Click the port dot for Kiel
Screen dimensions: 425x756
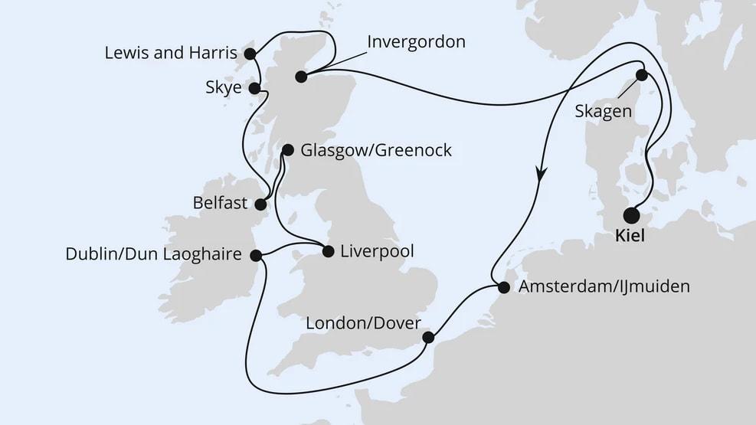point(632,215)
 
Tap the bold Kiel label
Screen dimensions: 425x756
point(630,237)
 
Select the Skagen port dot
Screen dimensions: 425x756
point(642,75)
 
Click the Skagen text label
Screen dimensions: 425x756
point(603,112)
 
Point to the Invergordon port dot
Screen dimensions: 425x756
point(300,76)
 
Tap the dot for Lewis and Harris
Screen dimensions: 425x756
point(249,54)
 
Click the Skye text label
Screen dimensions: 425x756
point(223,88)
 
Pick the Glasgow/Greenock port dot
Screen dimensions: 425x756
point(288,150)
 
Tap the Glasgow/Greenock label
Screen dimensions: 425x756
point(376,150)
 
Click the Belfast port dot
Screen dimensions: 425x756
point(260,204)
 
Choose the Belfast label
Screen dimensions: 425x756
point(221,204)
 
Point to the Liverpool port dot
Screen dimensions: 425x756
point(329,250)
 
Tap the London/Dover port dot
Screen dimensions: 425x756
point(428,337)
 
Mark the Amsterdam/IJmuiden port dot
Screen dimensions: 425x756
point(503,288)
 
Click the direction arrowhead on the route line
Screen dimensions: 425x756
point(542,174)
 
